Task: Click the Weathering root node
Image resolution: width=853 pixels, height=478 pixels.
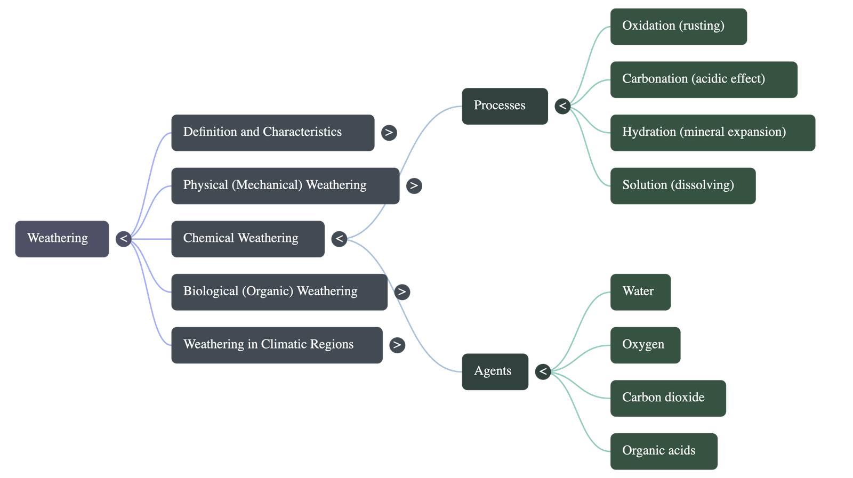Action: point(62,239)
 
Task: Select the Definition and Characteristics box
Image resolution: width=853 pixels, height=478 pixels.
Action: point(272,133)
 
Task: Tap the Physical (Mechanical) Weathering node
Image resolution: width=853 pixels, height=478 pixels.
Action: point(285,185)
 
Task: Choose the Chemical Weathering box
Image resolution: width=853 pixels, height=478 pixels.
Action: point(247,239)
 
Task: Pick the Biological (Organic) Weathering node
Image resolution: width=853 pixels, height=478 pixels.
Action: point(279,292)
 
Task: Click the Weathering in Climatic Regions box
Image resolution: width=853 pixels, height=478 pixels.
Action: point(276,345)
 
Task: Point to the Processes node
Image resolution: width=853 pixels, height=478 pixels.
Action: point(504,106)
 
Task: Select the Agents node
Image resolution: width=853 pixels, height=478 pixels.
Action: point(495,371)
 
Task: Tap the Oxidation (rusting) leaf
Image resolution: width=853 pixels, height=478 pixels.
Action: point(678,26)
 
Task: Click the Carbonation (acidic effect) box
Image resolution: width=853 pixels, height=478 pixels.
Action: point(704,79)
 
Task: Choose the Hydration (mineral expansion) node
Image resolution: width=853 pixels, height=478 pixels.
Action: point(712,133)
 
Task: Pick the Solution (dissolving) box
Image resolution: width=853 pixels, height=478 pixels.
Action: point(682,185)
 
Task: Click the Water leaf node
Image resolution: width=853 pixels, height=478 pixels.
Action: point(640,292)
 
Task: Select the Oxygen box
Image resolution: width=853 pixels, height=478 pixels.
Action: point(645,345)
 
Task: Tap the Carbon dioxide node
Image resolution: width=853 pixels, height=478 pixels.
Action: point(668,398)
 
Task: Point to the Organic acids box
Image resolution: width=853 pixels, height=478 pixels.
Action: point(664,451)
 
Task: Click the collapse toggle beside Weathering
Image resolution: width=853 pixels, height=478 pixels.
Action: point(124,239)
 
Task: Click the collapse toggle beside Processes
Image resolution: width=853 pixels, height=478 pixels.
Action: point(562,106)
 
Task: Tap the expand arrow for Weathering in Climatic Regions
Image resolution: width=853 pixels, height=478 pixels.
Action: point(397,345)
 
